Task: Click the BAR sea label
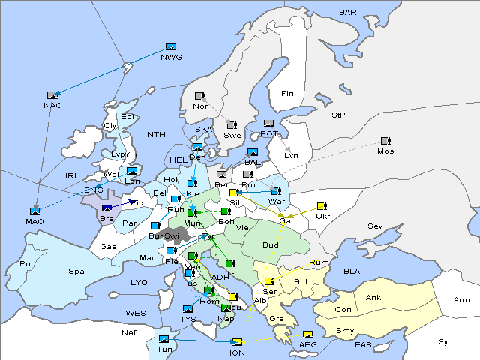pos(347,13)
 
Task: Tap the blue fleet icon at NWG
pos(170,47)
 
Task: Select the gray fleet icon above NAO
pos(52,95)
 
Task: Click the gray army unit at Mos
pos(385,141)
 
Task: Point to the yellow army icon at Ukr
pos(322,206)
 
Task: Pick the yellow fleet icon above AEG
pos(307,334)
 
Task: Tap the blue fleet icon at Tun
pos(163,340)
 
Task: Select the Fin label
pos(287,93)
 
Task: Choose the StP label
pos(338,115)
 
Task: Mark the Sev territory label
pos(374,226)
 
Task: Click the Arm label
pos(462,300)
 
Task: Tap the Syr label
pos(445,341)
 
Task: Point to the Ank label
pos(373,297)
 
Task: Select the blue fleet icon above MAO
pos(34,211)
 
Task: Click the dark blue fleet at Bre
pos(106,208)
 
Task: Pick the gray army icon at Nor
pos(199,96)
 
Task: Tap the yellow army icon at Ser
pos(268,281)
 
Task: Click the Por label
pos(28,264)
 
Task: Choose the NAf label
pos(129,331)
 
